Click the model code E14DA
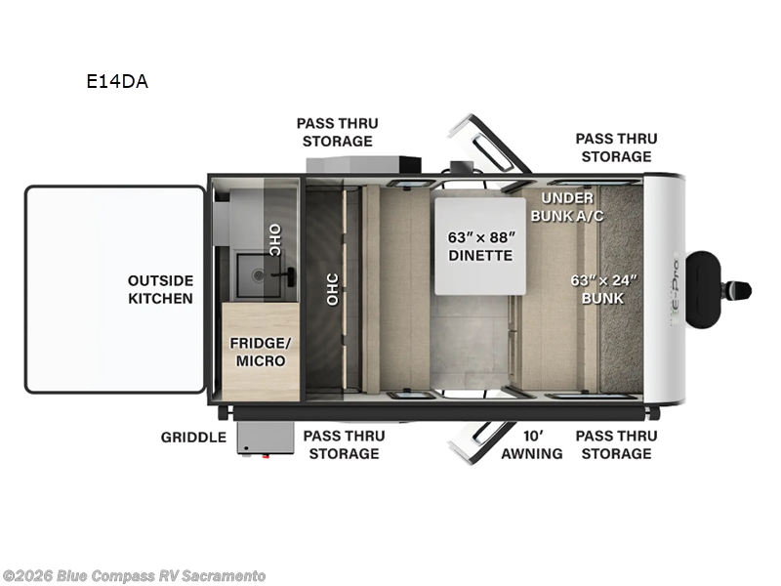coord(116,82)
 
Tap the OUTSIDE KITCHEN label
coord(160,289)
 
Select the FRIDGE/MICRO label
coord(258,352)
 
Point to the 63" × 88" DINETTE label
coord(479,245)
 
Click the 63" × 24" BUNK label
coord(603,288)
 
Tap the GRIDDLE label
coord(193,437)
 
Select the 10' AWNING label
coord(532,444)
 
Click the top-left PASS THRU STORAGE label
coord(338,132)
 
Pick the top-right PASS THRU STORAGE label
coord(615,147)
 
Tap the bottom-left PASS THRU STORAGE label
coord(341,444)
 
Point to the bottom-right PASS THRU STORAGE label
coord(613,444)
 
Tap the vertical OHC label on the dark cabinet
coord(332,290)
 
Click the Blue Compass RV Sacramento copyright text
coord(134,576)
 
